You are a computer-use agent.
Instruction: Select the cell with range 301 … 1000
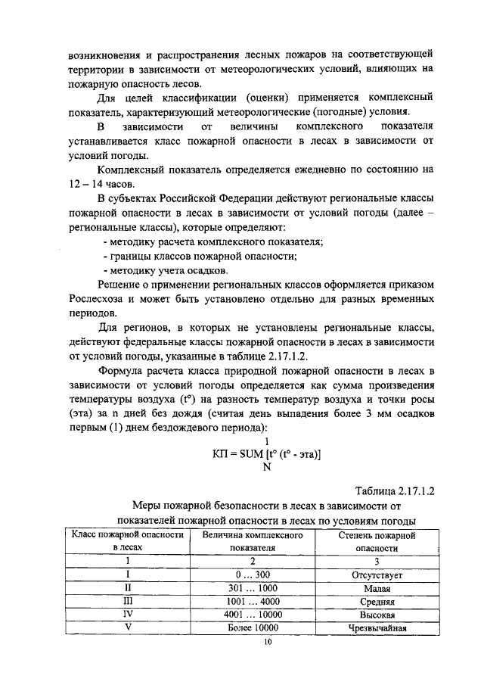point(253,588)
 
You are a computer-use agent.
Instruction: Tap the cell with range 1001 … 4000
point(253,602)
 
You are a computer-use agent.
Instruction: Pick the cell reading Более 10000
point(253,628)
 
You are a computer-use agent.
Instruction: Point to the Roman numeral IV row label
point(127,615)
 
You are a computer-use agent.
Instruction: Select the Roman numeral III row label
point(127,602)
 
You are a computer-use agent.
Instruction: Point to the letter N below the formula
point(266,467)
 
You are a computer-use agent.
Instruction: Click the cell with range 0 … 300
point(253,575)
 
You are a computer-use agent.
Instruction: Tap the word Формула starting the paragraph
point(123,371)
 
